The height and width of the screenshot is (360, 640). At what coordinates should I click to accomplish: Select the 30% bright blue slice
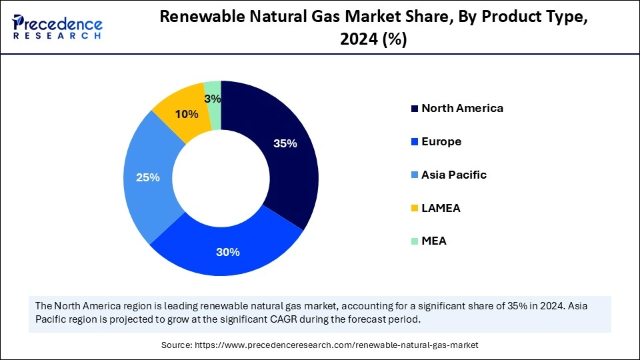point(227,250)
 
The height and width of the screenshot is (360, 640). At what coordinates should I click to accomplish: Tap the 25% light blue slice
point(150,177)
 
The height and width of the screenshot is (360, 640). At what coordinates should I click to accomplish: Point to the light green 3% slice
point(213,93)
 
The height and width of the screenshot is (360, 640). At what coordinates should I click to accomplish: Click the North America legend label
point(462,108)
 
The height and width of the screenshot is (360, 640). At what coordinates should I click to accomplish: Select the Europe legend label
point(441,141)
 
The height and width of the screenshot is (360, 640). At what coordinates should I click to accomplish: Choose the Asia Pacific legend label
point(454,175)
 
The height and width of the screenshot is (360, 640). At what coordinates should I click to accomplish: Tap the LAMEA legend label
point(441,208)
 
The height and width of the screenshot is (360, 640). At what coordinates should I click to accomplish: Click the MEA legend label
point(434,241)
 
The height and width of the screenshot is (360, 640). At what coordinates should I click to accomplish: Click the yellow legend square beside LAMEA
point(415,209)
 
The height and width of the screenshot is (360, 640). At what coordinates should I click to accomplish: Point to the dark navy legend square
point(415,109)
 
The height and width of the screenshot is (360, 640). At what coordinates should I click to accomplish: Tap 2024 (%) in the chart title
point(373,40)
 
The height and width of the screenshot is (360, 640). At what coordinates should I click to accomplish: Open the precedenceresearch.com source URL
point(336,345)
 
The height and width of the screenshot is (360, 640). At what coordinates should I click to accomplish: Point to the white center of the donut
point(221,178)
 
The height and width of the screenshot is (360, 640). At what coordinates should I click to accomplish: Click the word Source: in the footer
point(177,345)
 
